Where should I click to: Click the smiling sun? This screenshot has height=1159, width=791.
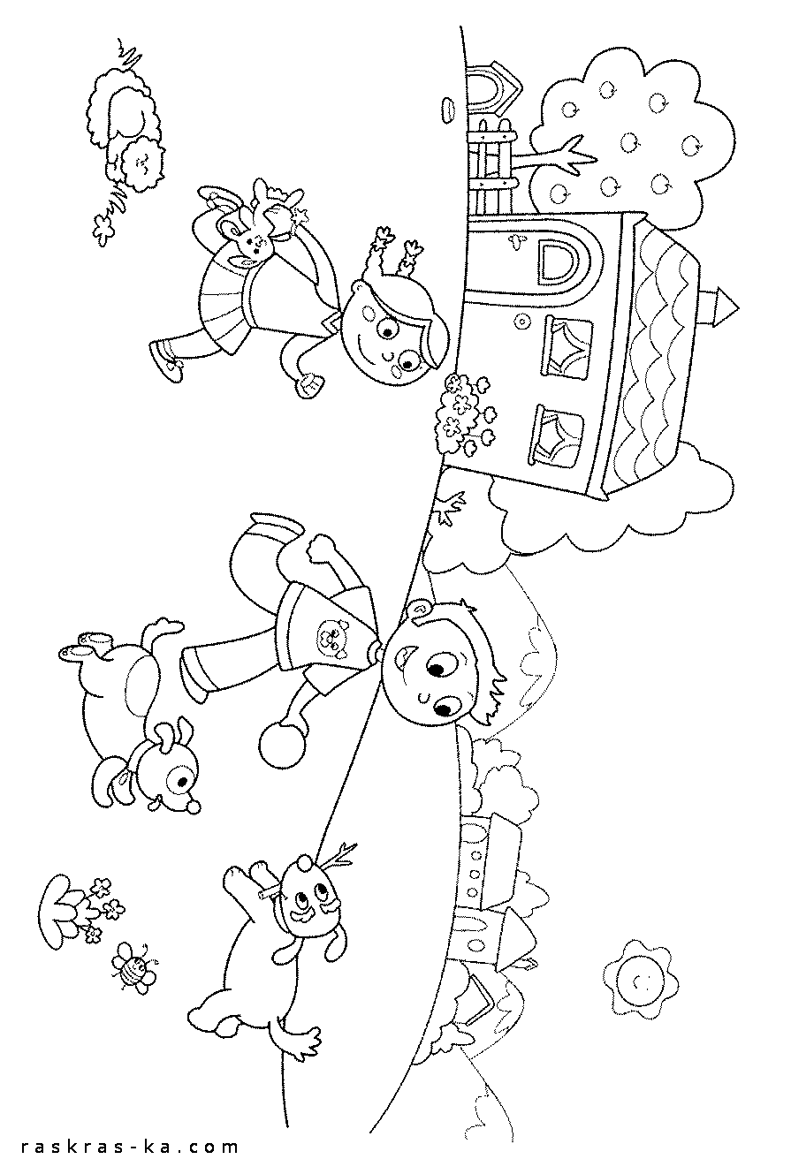point(641,979)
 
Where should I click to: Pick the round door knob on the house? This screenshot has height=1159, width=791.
point(521,322)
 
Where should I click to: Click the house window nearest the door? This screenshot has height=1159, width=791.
point(567,345)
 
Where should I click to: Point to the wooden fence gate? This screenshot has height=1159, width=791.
point(491,168)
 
